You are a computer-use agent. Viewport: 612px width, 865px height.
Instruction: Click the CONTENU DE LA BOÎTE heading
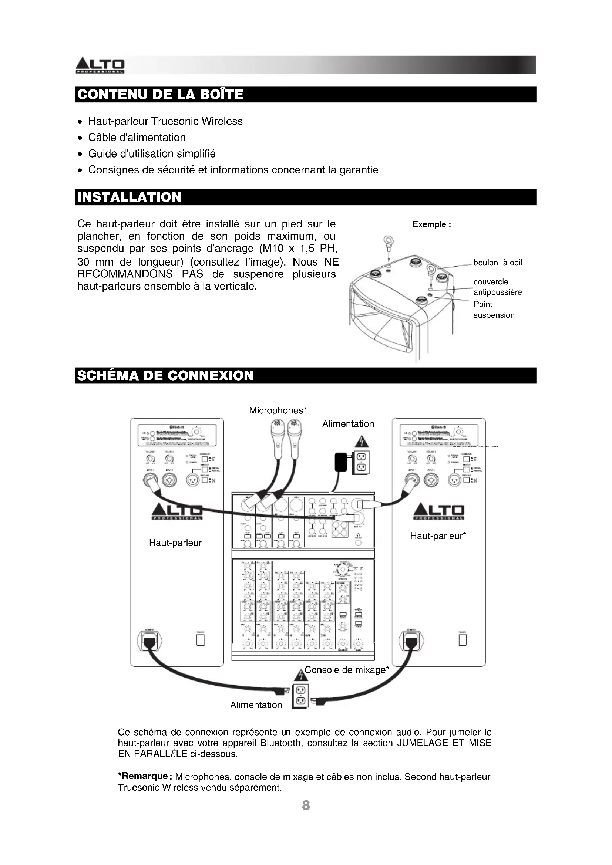[x=160, y=94]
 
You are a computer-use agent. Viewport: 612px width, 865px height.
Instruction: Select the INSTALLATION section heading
[x=129, y=197]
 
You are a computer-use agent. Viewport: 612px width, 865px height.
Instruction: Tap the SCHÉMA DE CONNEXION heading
[x=165, y=376]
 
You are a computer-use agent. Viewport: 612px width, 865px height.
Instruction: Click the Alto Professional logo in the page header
[x=100, y=65]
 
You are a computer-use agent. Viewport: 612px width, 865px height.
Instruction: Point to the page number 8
[x=306, y=805]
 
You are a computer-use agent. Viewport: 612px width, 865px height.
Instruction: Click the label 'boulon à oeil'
[x=497, y=263]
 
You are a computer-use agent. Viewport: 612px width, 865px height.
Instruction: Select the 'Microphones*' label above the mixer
[x=278, y=410]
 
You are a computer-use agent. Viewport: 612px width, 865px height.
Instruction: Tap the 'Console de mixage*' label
[x=346, y=669]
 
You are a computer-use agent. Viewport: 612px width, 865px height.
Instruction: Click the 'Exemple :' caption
[x=432, y=224]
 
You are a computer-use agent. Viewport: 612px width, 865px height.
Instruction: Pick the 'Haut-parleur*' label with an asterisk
[x=438, y=536]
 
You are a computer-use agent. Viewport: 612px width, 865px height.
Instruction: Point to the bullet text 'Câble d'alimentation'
[x=137, y=138]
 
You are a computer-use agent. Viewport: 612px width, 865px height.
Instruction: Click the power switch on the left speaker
[x=201, y=640]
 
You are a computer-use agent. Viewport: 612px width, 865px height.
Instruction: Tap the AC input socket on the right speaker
[x=411, y=640]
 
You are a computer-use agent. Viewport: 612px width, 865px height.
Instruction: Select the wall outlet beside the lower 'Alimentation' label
[x=300, y=696]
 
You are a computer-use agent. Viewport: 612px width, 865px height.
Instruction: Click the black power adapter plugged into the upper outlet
[x=341, y=462]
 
